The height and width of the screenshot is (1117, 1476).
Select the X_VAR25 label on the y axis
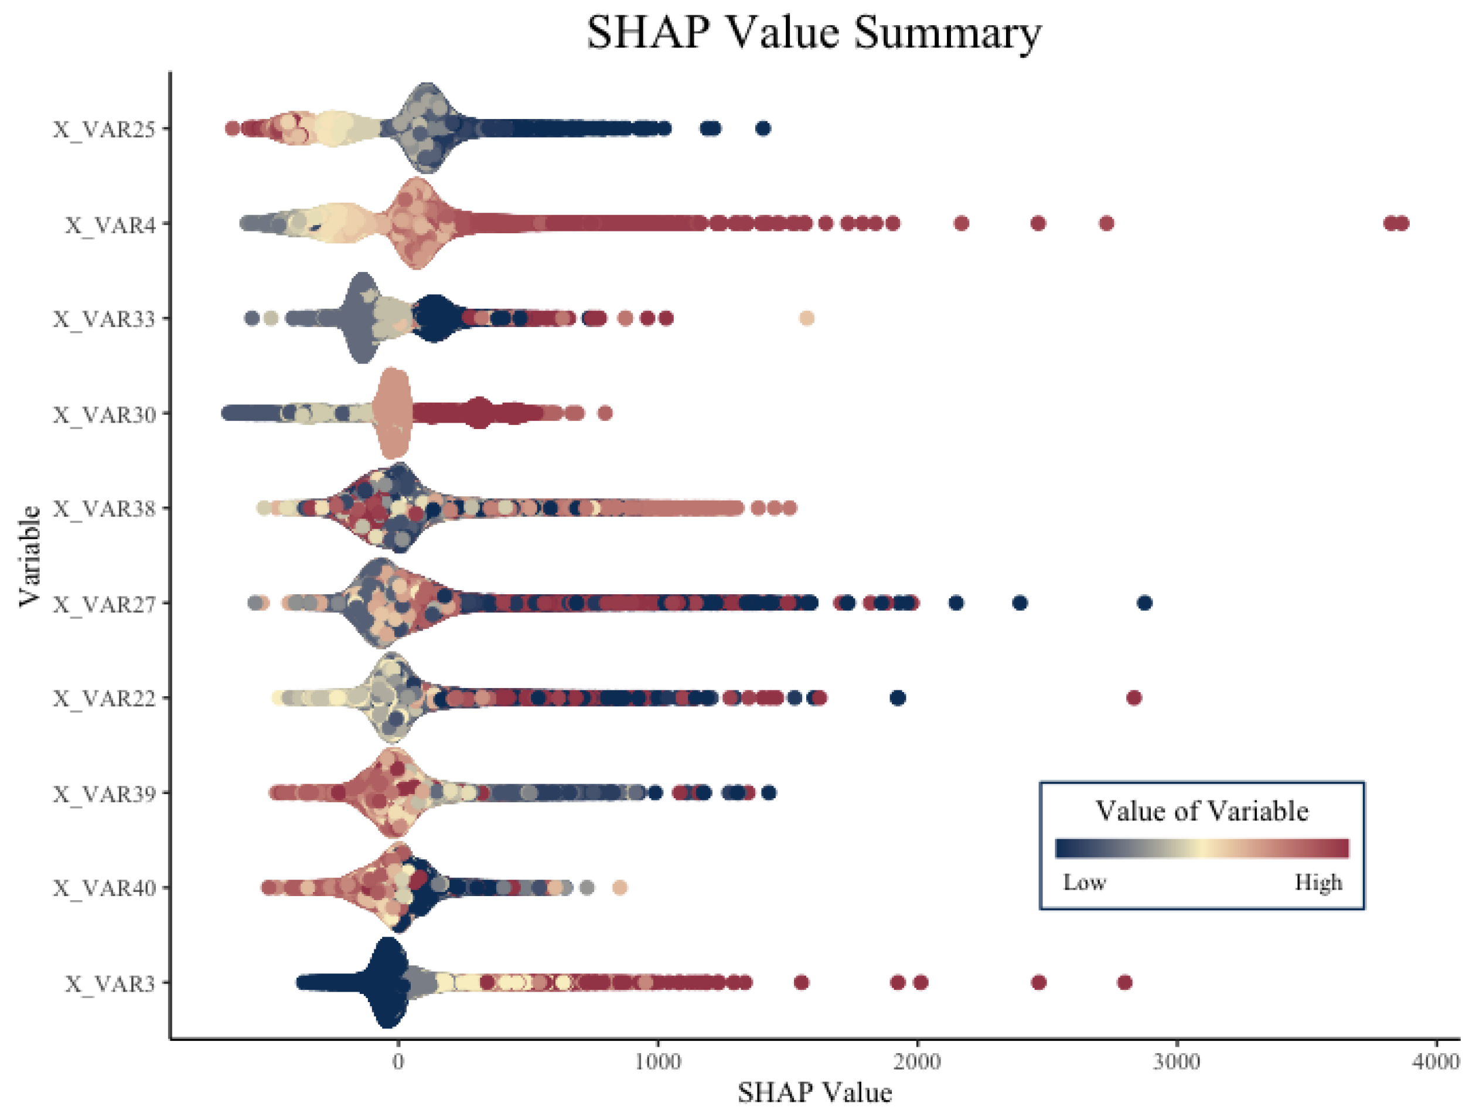[x=104, y=129]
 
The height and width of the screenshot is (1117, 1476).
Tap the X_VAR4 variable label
[x=110, y=225]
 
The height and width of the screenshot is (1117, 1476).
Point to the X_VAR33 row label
[x=104, y=319]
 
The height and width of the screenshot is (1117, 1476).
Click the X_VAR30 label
[x=104, y=414]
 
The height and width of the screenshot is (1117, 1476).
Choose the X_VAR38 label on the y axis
[x=104, y=509]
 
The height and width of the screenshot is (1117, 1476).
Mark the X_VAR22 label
[x=104, y=699]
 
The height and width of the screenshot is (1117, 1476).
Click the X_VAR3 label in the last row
[x=110, y=983]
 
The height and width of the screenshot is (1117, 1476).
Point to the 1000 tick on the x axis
[x=658, y=1061]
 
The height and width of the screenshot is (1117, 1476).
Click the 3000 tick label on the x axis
[x=1177, y=1061]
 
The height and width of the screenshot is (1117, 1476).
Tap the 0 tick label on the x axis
[x=398, y=1061]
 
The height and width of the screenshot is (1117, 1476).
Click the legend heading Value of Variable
[x=1202, y=810]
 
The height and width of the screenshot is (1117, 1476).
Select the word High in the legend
[x=1318, y=882]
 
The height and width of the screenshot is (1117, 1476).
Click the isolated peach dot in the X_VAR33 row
[x=806, y=318]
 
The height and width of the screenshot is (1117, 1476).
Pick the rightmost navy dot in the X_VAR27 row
[x=1144, y=603]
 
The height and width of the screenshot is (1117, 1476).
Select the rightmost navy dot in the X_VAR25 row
[x=763, y=128]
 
